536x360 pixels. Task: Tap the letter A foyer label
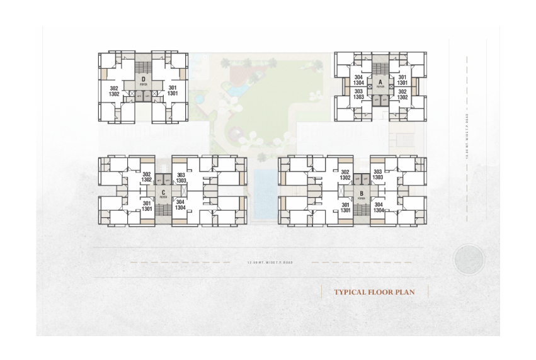[380, 83]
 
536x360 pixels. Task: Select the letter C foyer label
[163, 194]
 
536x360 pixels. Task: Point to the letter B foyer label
[362, 194]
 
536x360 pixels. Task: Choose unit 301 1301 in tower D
[172, 91]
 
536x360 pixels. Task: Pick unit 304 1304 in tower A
[358, 80]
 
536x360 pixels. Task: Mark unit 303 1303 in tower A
[358, 94]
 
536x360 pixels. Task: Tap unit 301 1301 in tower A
[402, 80]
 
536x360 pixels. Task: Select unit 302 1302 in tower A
[402, 94]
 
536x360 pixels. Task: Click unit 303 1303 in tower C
[181, 178]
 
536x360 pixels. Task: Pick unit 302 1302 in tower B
[345, 174]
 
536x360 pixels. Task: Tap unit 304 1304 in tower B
[379, 207]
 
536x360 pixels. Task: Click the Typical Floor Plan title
[374, 292]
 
